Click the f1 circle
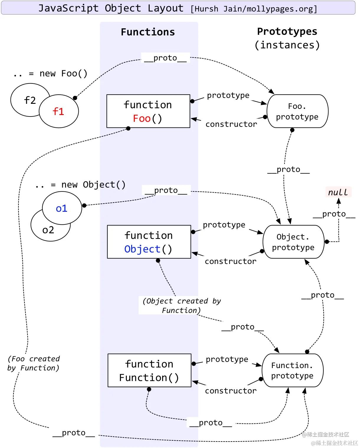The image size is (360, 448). tap(59, 111)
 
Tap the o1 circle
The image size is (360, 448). tap(62, 208)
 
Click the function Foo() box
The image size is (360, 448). tap(148, 111)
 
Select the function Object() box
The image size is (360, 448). tap(149, 242)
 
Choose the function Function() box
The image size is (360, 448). tap(149, 370)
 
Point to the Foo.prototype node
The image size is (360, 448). tap(297, 111)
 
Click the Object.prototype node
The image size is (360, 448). tap(293, 242)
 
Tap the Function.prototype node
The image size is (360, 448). tap(292, 370)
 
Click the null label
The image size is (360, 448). tap(338, 192)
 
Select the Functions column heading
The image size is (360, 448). tap(148, 32)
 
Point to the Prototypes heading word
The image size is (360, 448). tap(287, 32)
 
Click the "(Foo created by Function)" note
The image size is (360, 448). tap(34, 363)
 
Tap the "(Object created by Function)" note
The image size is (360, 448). tap(181, 306)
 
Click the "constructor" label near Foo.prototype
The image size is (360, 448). tap(231, 124)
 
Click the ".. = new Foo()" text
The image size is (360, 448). tap(50, 74)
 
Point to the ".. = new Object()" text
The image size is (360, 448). tap(80, 185)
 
